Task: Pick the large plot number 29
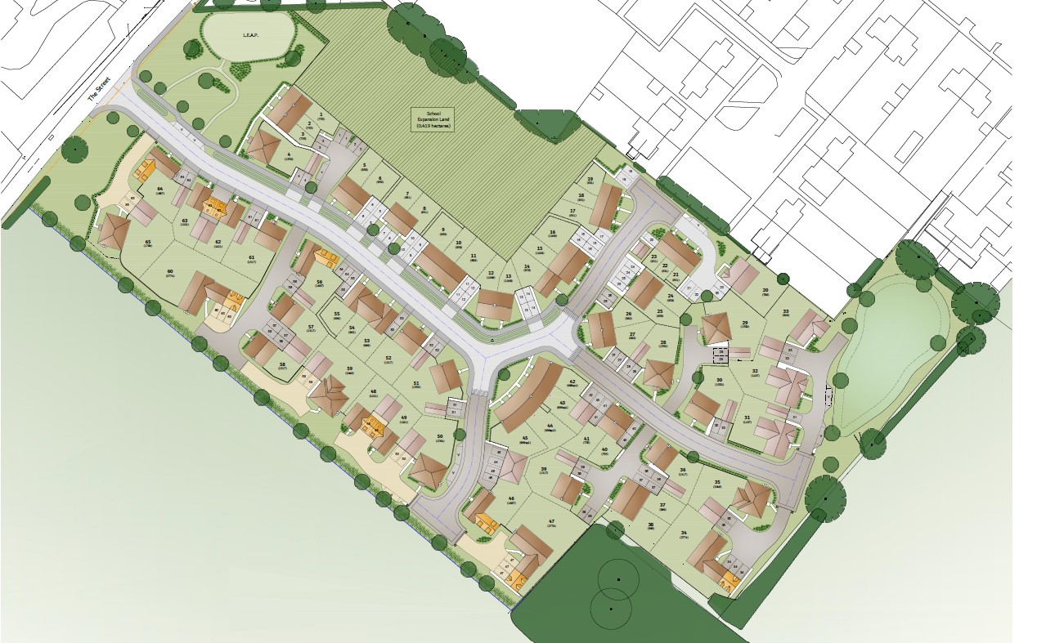tap(744, 324)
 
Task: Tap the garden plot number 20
tap(765, 291)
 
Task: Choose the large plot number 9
tap(442, 230)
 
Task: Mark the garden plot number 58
tap(282, 364)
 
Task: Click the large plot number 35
tap(717, 483)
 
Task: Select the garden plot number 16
tap(553, 233)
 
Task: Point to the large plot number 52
tap(388, 358)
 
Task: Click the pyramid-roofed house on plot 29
tap(716, 328)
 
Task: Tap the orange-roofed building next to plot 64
tap(146, 171)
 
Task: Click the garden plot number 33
tap(786, 311)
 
